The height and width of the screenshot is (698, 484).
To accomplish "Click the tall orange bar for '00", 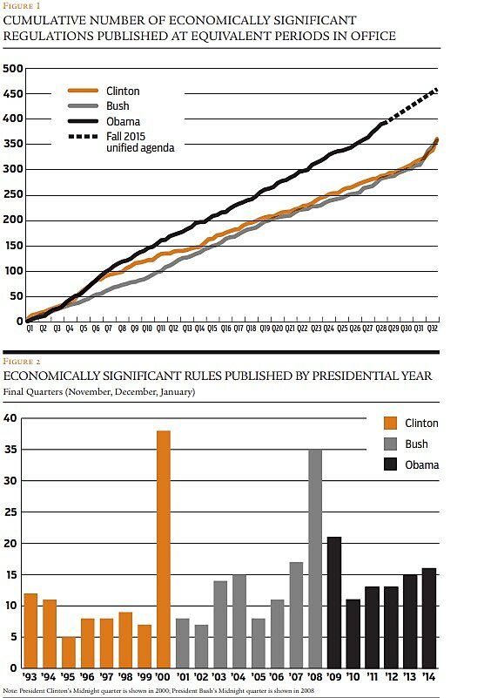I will [x=164, y=549].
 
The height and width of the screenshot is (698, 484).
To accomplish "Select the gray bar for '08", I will [x=314, y=559].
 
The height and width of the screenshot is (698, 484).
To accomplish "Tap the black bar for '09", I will [x=333, y=602].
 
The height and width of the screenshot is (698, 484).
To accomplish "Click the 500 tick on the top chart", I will [x=11, y=69].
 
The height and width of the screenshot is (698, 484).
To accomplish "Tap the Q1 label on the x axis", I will [x=30, y=329].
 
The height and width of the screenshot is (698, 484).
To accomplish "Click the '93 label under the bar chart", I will [x=30, y=676].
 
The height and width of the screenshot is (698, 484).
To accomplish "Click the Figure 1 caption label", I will [x=19, y=5].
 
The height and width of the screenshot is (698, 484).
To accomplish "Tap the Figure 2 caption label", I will [x=20, y=361].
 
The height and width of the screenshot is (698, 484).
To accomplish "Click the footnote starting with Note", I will [x=148, y=690].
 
